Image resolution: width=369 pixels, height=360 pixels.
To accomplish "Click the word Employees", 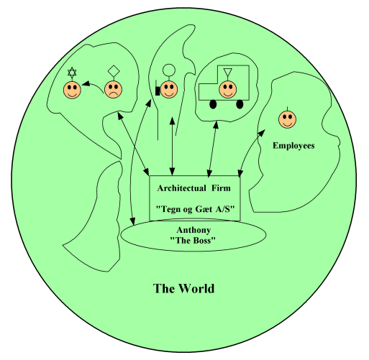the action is (x=293, y=146).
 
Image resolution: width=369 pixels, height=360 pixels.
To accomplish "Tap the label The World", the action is (x=183, y=288).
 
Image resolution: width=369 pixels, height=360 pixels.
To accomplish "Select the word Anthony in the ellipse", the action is (x=193, y=230).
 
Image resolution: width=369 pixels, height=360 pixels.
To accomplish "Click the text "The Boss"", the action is (x=193, y=240).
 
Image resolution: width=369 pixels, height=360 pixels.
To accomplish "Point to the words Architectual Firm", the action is (x=193, y=188).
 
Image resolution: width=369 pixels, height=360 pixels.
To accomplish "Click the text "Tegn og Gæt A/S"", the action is (x=195, y=209).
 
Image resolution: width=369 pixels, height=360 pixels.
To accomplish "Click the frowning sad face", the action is (x=113, y=90).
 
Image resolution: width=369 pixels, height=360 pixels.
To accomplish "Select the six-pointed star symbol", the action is (x=72, y=72).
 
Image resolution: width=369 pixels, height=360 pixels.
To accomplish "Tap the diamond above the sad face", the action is (x=114, y=71).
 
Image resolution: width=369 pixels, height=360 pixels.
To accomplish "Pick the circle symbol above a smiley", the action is (x=169, y=70).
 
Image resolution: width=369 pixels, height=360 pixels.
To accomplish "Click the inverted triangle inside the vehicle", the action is (x=227, y=72).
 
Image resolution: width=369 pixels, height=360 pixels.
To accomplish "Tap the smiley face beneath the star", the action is (x=72, y=90).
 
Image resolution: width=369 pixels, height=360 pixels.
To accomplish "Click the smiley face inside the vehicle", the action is (x=227, y=89).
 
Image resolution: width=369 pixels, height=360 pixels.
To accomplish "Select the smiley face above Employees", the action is (x=287, y=119).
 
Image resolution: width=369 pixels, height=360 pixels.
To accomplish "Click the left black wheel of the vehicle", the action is (x=213, y=104).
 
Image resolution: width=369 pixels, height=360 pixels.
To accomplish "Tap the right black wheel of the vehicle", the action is (x=240, y=104).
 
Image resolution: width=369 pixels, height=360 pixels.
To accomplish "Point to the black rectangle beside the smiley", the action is (x=158, y=91).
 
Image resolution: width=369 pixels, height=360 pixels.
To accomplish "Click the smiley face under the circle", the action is (x=169, y=90).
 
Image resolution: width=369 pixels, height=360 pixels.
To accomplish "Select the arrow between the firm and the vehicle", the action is (x=213, y=149).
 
